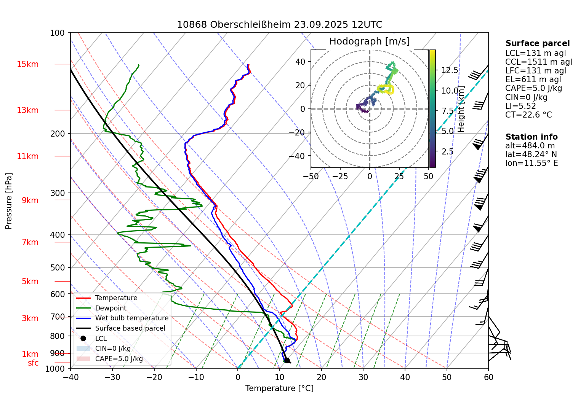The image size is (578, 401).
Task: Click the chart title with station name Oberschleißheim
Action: [279, 25]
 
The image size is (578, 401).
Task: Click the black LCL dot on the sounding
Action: [287, 360]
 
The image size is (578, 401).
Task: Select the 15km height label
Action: [27, 64]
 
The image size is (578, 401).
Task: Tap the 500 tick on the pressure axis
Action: [58, 267]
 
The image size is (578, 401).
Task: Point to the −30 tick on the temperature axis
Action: [112, 377]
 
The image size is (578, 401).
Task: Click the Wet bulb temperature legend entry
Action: [131, 318]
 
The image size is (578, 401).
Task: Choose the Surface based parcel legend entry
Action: [130, 328]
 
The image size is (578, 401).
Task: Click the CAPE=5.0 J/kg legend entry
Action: [119, 359]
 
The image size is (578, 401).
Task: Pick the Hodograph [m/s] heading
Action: [369, 41]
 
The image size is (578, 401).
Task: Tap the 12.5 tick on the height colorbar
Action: [450, 70]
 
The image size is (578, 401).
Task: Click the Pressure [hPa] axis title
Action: [9, 201]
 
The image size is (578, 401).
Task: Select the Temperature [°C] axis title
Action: [279, 388]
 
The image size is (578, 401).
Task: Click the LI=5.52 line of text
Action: [520, 106]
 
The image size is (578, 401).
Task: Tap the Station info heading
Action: [531, 137]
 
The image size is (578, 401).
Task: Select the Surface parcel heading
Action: [537, 43]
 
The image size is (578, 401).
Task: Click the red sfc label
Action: [33, 363]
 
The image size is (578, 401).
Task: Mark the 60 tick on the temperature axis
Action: [488, 377]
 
